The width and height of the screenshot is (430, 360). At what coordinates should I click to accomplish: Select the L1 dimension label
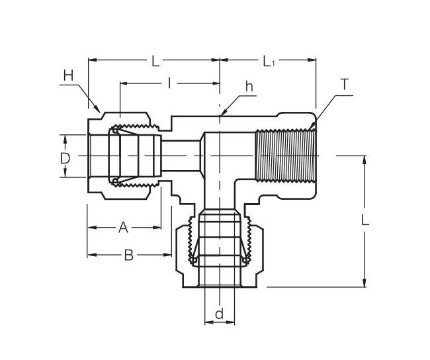(269, 62)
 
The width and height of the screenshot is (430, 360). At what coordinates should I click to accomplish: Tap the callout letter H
(68, 77)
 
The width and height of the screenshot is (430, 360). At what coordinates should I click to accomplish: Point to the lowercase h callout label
(249, 86)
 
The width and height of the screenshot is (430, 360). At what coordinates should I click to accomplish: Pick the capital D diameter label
(65, 158)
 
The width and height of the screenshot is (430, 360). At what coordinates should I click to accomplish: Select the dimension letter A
(122, 228)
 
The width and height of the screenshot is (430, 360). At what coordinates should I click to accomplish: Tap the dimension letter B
(129, 255)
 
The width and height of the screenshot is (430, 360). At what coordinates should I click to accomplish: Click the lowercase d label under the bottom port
(219, 314)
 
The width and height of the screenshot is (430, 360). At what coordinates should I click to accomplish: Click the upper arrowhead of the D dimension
(65, 138)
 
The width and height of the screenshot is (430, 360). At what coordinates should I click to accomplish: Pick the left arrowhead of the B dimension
(91, 255)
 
